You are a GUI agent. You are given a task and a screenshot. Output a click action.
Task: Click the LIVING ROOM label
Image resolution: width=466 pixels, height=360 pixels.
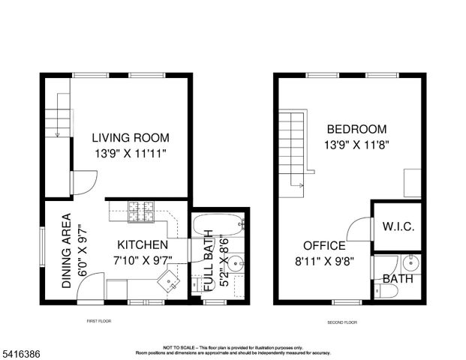pos(131,138)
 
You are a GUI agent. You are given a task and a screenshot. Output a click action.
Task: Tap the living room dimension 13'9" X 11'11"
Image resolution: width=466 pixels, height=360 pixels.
pos(131,153)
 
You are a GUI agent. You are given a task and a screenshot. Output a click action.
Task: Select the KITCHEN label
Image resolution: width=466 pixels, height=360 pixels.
pos(142,245)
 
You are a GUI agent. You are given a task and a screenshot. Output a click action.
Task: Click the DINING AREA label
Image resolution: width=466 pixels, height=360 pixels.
pos(67,251)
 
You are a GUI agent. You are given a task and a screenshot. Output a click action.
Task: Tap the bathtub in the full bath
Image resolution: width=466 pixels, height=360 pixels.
pos(218,223)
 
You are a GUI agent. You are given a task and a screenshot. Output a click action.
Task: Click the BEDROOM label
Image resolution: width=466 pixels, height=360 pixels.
pos(356,129)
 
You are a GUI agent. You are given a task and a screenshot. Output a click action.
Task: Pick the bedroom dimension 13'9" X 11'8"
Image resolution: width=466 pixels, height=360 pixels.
pos(356,144)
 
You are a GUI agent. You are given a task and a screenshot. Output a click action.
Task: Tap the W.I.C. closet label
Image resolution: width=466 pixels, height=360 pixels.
pos(398,226)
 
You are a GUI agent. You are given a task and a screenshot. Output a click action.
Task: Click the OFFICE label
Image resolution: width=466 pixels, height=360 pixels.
pos(324,246)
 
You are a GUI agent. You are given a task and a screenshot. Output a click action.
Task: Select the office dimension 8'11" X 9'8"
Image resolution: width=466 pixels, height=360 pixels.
pos(324,261)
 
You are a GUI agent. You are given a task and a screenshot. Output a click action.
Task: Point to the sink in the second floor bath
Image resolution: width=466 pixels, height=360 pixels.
pos(410,263)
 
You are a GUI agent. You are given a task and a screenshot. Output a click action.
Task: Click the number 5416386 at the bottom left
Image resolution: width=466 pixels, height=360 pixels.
pos(21,349)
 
